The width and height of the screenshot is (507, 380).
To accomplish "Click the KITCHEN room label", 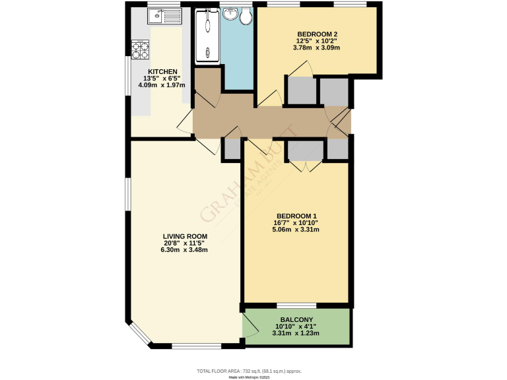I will [x=162, y=71].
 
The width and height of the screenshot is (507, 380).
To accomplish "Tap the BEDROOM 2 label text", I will [x=317, y=34].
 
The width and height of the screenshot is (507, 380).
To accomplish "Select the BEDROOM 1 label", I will [x=296, y=216].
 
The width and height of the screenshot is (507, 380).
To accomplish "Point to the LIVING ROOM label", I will [x=186, y=236].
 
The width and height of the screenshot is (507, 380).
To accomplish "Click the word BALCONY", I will [x=296, y=319].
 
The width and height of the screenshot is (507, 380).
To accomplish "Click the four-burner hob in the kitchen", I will [x=140, y=47].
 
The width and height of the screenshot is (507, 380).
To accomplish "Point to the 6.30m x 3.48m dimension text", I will [x=186, y=250].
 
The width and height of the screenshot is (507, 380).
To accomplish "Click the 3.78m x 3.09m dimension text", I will [x=317, y=49].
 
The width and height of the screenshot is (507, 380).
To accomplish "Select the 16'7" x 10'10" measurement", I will [x=296, y=223].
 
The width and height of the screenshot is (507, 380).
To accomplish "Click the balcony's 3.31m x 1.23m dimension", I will [x=296, y=333].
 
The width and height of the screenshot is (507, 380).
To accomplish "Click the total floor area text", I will [x=253, y=371].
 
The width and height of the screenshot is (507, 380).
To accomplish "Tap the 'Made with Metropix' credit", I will [x=253, y=377].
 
